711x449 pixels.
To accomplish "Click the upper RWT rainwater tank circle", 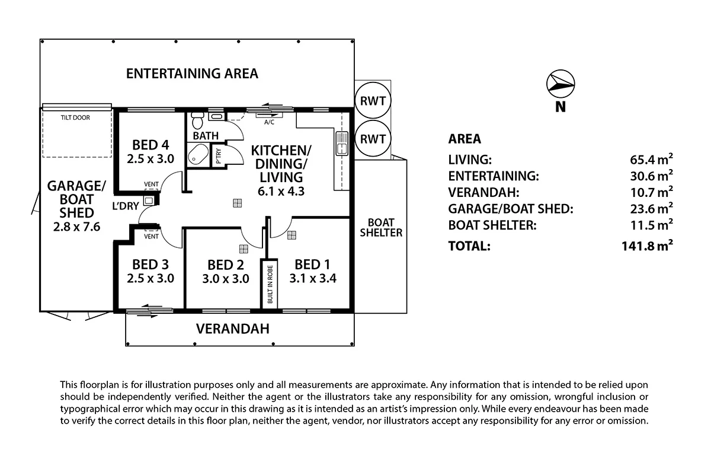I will pos(373,101).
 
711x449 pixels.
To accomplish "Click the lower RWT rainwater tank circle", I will pos(373,139).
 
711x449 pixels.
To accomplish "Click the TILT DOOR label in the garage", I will pos(75,117).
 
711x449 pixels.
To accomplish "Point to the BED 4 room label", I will pos(150,145).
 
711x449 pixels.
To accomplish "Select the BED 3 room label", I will pos(150,264).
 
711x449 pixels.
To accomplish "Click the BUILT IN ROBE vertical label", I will pos(270,285).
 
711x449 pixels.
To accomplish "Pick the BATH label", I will pos(206,136).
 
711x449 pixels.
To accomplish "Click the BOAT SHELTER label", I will pos(381,227).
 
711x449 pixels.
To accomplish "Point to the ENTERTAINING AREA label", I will pos(193,74).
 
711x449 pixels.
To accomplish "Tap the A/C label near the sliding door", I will pos(269,122).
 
